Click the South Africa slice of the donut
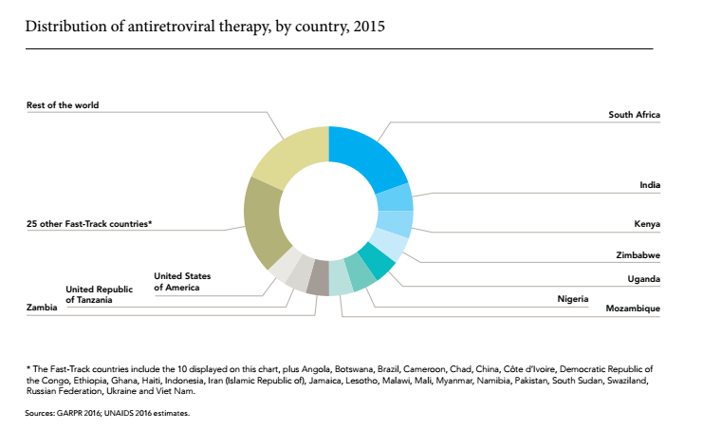tap(365, 158)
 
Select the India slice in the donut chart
tap(394, 198)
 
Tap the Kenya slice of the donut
tap(395, 223)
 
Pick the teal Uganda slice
tap(378, 261)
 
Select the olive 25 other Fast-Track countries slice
tap(266, 222)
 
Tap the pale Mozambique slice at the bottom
tap(340, 277)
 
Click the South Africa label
tap(634, 115)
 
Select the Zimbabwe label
tap(638, 255)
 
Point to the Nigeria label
tap(572, 299)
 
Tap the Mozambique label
tap(633, 308)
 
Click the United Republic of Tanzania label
tap(99, 294)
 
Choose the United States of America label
tap(182, 282)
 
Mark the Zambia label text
tap(42, 308)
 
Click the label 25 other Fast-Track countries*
tap(89, 224)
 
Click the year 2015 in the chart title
tap(369, 26)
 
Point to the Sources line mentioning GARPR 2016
tap(107, 414)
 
